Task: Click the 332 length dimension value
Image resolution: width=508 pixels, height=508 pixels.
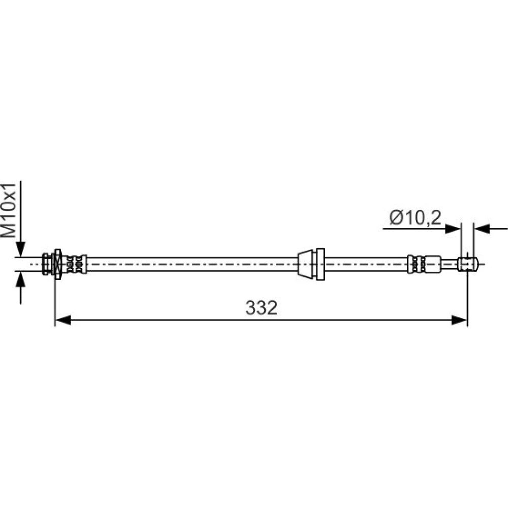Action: [261, 307]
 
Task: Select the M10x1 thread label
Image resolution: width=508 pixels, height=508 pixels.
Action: [9, 211]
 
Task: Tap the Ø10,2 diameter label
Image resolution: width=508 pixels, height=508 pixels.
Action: [415, 217]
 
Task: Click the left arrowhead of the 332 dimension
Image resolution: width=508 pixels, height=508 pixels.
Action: [63, 321]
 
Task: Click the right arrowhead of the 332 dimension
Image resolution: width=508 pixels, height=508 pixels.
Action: [459, 321]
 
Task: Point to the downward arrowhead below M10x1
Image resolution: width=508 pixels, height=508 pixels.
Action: [20, 249]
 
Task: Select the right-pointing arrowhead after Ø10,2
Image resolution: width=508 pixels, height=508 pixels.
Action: [453, 229]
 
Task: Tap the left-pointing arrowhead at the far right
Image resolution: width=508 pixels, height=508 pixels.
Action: [482, 229]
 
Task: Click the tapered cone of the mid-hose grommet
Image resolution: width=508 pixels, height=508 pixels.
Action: [305, 264]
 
